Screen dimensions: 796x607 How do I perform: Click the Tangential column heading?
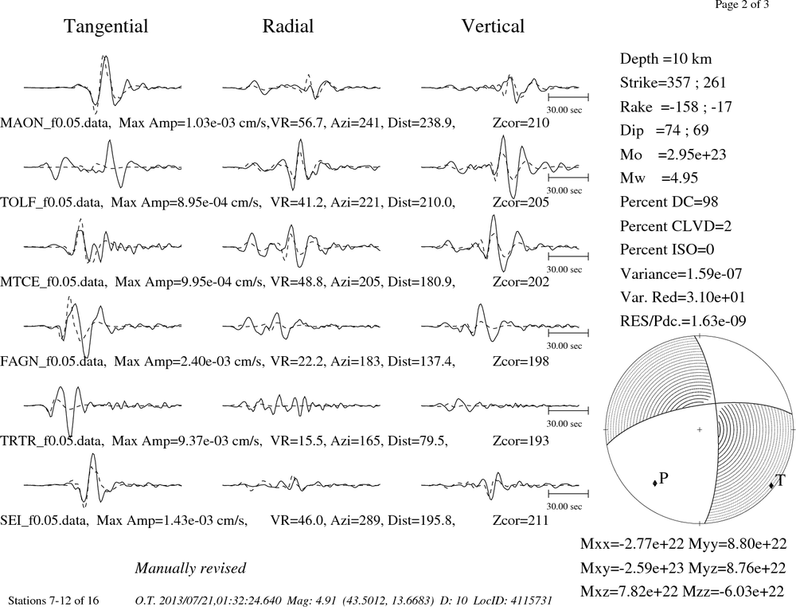click(106, 27)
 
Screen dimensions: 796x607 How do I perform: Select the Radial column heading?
click(288, 26)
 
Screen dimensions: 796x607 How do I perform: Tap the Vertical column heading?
click(493, 26)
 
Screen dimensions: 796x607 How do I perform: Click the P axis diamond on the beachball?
click(655, 483)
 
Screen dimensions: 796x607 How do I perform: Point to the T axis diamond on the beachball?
click(771, 485)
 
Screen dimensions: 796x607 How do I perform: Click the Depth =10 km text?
click(665, 59)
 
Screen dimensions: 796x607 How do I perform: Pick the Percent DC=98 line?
click(669, 202)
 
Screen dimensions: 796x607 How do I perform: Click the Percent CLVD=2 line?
click(676, 225)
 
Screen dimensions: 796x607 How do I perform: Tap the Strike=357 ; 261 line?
click(673, 82)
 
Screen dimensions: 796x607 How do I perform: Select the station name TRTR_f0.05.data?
click(52, 441)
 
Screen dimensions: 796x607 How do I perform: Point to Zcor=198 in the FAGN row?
click(521, 362)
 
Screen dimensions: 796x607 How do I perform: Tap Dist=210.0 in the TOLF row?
click(421, 202)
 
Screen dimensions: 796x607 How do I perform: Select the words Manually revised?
click(190, 568)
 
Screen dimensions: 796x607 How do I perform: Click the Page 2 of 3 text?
click(742, 5)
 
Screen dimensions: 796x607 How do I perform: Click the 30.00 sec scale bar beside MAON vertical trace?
click(568, 96)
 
